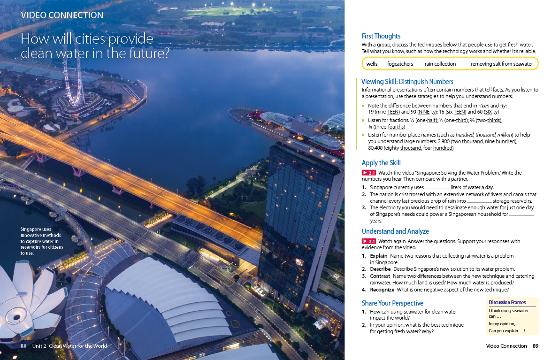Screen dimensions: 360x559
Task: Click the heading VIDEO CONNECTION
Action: (x=62, y=15)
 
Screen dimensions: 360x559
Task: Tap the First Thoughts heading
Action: (x=381, y=36)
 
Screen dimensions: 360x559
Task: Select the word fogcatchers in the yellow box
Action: (x=400, y=64)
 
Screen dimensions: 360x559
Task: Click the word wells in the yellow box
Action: (x=372, y=64)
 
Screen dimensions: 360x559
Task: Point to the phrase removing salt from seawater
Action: (x=502, y=64)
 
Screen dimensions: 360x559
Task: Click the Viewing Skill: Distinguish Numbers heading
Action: (x=407, y=82)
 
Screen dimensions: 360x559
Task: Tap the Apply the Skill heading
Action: (x=381, y=163)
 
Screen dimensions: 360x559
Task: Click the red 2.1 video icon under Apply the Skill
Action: (x=369, y=173)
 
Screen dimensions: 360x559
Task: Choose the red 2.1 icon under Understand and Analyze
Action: (x=369, y=241)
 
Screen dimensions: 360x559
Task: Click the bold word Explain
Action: (x=378, y=256)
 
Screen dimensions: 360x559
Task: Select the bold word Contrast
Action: (x=380, y=276)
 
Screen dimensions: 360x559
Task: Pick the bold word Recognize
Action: (x=382, y=290)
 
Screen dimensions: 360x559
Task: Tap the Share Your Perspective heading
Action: (x=392, y=303)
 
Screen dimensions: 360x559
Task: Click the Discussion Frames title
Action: (x=507, y=302)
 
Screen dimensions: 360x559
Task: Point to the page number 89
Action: (x=536, y=346)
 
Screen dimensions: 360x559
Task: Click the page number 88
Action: (x=23, y=346)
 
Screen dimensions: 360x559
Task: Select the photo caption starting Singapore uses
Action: (x=41, y=241)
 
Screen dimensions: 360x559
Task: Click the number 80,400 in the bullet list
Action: (x=375, y=148)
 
